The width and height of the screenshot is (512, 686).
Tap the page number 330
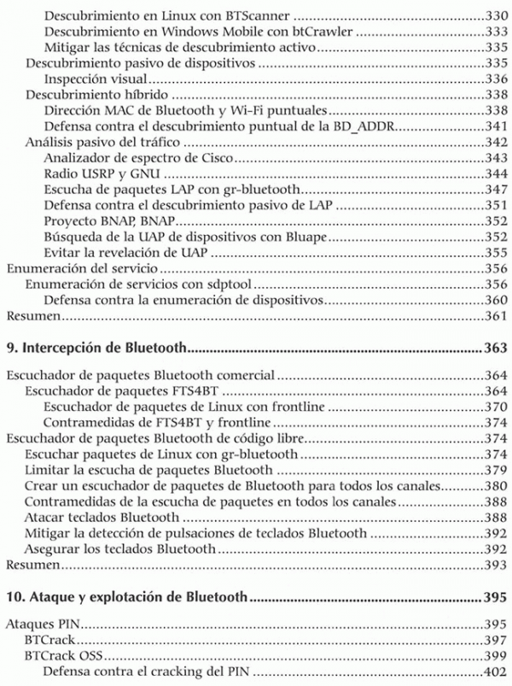(496, 15)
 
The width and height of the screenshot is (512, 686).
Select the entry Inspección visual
(92, 79)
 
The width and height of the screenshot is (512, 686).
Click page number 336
(496, 79)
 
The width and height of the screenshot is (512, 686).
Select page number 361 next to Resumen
(496, 317)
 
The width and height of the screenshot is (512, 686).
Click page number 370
(496, 407)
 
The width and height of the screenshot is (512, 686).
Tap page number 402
(496, 672)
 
